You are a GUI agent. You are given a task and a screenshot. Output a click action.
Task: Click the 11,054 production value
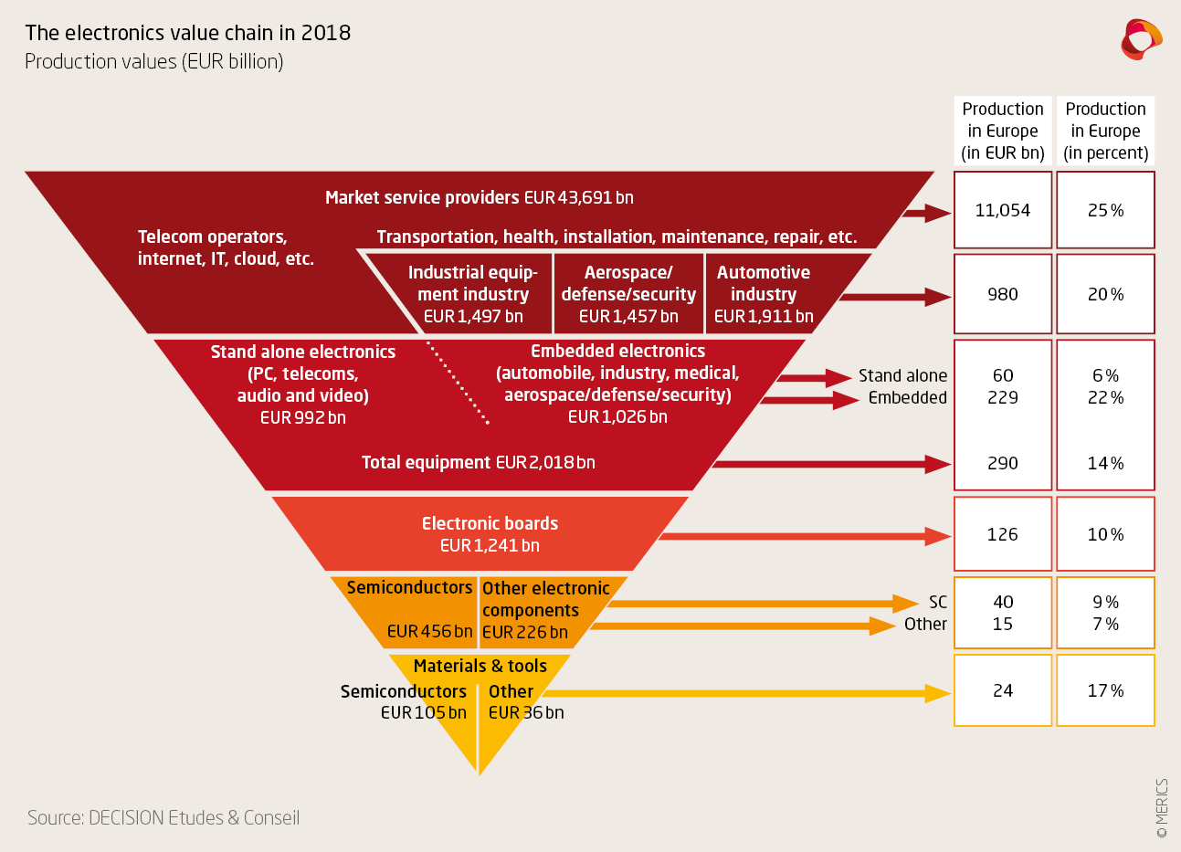click(1002, 211)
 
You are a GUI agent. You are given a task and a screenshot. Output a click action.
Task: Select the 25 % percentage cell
click(1105, 211)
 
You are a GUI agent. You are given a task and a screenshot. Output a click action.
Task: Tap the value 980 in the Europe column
click(1002, 295)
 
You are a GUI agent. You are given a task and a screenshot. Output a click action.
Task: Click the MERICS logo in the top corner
click(1141, 39)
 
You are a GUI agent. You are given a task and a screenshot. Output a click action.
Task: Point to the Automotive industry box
click(764, 294)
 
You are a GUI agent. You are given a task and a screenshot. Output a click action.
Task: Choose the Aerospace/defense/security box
click(628, 294)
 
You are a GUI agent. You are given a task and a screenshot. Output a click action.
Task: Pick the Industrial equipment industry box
click(473, 294)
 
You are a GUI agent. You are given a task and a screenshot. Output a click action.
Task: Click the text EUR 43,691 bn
click(578, 198)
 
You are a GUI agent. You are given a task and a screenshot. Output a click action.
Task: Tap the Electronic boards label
click(490, 523)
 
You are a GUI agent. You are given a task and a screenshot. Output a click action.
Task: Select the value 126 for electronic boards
click(1002, 535)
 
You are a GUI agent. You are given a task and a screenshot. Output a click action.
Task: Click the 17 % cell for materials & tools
click(1105, 691)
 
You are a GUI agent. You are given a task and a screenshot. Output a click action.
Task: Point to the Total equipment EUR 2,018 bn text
click(478, 463)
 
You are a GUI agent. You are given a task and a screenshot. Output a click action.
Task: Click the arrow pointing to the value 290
click(831, 465)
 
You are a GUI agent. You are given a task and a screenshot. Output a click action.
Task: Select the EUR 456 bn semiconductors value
click(429, 632)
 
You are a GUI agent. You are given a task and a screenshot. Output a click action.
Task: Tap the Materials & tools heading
click(480, 667)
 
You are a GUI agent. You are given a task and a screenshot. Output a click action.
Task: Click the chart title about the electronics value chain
click(188, 33)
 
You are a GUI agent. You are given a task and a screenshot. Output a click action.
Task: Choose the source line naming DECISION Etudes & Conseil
click(163, 818)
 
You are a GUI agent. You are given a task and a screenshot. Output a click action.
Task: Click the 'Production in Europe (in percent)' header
click(1105, 131)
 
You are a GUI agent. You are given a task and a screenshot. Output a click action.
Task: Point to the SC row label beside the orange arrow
click(937, 603)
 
